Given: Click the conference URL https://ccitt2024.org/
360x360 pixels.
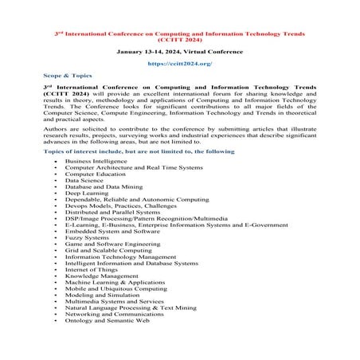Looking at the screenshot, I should click(x=179, y=62).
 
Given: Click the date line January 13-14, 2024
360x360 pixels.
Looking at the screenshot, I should click(x=179, y=49).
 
